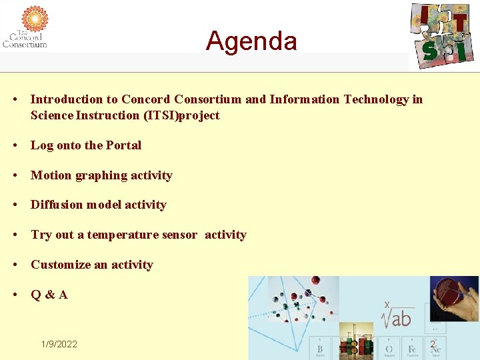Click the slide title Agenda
click(251, 41)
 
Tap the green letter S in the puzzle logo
click(431, 51)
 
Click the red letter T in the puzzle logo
click(460, 23)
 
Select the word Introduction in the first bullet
click(67, 99)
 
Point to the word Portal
click(123, 145)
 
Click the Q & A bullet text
click(49, 295)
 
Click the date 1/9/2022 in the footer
click(59, 344)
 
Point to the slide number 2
click(433, 344)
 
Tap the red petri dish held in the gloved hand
click(445, 293)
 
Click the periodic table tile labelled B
click(320, 348)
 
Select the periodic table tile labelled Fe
click(412, 348)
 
